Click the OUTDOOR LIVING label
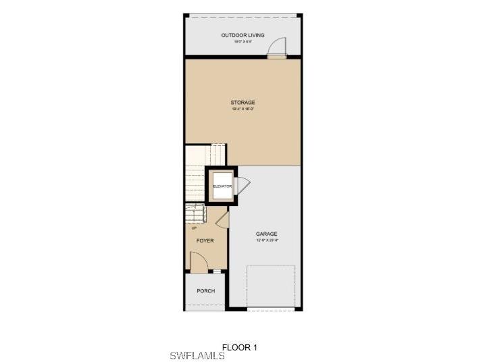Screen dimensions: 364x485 pyautogui.click(x=242, y=35)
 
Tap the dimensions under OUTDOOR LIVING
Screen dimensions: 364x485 pyautogui.click(x=242, y=42)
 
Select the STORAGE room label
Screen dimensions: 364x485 pyautogui.click(x=242, y=103)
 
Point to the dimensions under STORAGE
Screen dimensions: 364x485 pyautogui.click(x=242, y=109)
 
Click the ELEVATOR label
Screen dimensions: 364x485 pyautogui.click(x=222, y=186)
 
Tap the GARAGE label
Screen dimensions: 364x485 pyautogui.click(x=267, y=234)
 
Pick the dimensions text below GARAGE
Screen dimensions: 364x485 pyautogui.click(x=267, y=240)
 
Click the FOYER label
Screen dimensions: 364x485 pyautogui.click(x=205, y=240)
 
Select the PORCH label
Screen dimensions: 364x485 pyautogui.click(x=205, y=291)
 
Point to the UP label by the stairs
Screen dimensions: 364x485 pyautogui.click(x=195, y=228)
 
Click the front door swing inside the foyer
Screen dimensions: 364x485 pyautogui.click(x=197, y=261)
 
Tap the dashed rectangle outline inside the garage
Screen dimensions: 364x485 pyautogui.click(x=271, y=286)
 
